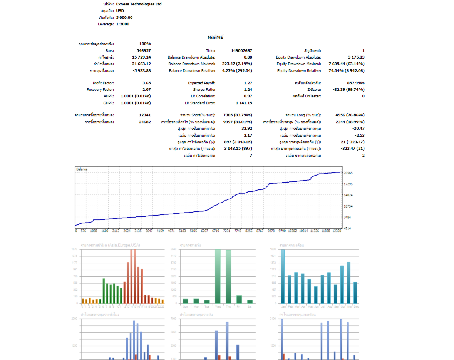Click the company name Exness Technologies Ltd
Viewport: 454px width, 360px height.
coord(139,4)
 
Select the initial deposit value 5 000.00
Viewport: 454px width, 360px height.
coord(124,17)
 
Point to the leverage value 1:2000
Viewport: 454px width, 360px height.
coord(122,24)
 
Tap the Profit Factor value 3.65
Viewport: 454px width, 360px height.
coord(146,83)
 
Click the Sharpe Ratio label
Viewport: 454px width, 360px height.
coord(204,89)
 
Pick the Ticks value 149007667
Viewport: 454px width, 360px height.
coord(241,50)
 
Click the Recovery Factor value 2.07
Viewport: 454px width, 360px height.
coord(146,89)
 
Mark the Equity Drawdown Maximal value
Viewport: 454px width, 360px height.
coord(346,64)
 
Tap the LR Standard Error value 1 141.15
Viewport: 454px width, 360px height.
coord(244,103)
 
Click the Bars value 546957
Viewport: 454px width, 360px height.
coord(144,50)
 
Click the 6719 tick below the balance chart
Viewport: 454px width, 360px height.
coord(216,231)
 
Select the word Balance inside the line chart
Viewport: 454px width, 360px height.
coord(82,169)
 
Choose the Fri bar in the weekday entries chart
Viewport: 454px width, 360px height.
coord(239,299)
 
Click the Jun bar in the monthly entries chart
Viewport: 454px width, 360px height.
coord(316,295)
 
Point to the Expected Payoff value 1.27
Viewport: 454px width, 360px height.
coord(248,83)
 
